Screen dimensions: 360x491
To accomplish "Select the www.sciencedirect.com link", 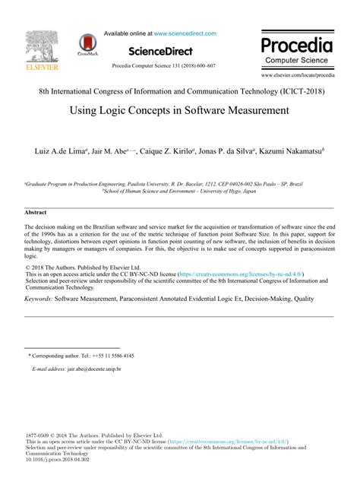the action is click(185, 33).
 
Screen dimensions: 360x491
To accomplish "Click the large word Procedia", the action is click(297, 43).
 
